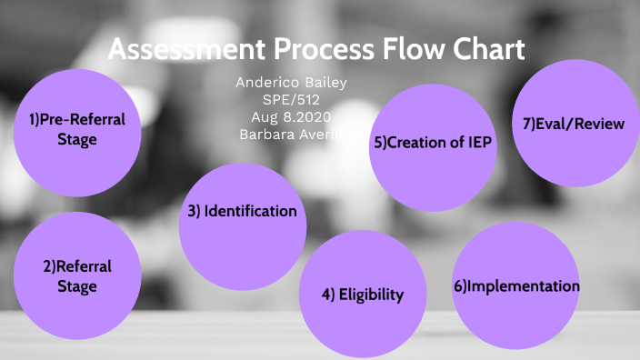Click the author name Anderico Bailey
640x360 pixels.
click(291, 83)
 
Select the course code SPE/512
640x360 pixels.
click(291, 99)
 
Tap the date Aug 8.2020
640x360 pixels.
click(291, 116)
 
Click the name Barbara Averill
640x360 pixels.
click(291, 133)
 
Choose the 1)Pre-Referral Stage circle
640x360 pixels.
click(77, 130)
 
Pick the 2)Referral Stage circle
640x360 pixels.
click(77, 276)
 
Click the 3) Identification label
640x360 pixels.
click(243, 211)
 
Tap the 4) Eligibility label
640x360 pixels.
click(362, 295)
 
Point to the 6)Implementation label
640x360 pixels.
click(516, 285)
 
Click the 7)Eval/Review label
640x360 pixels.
click(573, 124)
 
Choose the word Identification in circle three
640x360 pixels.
click(251, 211)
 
